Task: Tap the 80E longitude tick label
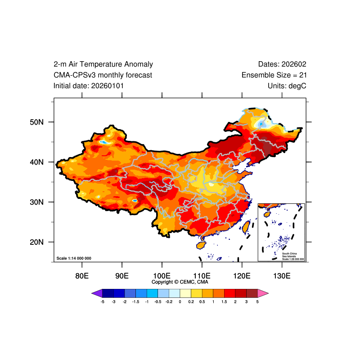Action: click(82, 275)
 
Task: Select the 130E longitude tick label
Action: click(282, 275)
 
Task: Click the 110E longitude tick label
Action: click(202, 275)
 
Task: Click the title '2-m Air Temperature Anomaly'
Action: click(103, 64)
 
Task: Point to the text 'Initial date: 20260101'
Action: click(89, 85)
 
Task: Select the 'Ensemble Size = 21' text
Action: click(274, 75)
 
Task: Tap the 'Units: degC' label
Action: click(287, 85)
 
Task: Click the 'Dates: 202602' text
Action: click(282, 64)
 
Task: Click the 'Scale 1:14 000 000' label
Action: click(74, 258)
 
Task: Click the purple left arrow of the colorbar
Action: click(97, 293)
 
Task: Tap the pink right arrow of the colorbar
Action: click(263, 293)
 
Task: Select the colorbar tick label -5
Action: click(103, 302)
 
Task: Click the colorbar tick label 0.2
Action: click(191, 302)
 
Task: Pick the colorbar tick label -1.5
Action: click(136, 302)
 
